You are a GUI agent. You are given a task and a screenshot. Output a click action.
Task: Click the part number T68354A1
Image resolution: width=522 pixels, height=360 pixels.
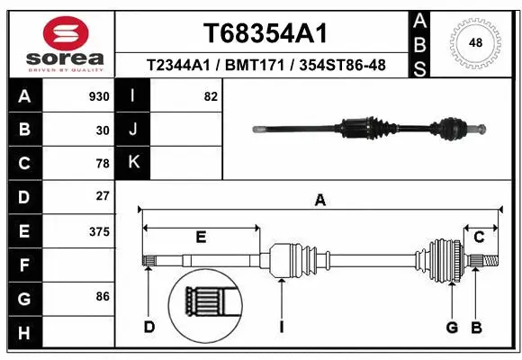point(264,33)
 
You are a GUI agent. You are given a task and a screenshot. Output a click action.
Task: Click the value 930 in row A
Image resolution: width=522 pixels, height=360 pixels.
point(99,96)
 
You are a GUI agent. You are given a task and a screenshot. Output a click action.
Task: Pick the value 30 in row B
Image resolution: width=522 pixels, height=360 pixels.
point(103,130)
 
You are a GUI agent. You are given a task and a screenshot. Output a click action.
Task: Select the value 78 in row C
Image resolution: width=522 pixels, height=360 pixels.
point(103,164)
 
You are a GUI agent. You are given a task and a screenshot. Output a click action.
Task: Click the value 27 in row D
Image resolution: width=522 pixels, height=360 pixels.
point(103,196)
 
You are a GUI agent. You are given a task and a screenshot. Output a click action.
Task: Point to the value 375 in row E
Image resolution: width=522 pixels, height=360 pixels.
point(99,231)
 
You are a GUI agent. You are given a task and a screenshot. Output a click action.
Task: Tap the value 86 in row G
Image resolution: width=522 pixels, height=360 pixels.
point(103,295)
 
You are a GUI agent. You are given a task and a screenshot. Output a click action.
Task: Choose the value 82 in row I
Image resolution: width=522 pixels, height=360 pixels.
point(211,96)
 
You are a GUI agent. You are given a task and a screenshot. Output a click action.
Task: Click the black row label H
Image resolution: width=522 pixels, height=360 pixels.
point(23,334)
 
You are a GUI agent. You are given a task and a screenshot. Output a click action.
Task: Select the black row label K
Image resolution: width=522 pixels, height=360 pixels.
point(133,163)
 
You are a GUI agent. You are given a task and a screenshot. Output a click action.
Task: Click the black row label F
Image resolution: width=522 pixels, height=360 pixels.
point(23,266)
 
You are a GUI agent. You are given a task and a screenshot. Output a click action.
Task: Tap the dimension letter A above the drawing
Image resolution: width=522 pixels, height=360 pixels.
point(319,201)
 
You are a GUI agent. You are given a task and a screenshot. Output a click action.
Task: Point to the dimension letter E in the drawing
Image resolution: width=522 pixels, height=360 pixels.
point(201,238)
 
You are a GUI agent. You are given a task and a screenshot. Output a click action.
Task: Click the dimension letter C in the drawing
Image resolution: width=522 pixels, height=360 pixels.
point(479,238)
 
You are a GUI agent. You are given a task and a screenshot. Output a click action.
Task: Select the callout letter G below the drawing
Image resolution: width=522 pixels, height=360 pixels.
point(452,327)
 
